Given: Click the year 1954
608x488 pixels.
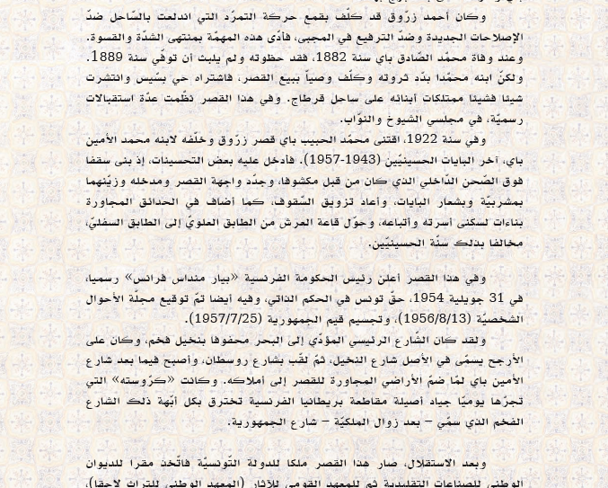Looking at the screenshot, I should (426, 298).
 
